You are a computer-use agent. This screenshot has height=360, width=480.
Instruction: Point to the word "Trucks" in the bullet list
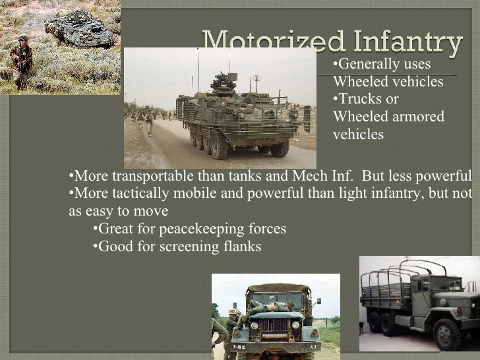[x=359, y=99]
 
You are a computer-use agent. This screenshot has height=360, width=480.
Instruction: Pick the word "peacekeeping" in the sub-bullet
[x=188, y=229]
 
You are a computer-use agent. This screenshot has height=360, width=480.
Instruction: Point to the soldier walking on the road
[x=148, y=121]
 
